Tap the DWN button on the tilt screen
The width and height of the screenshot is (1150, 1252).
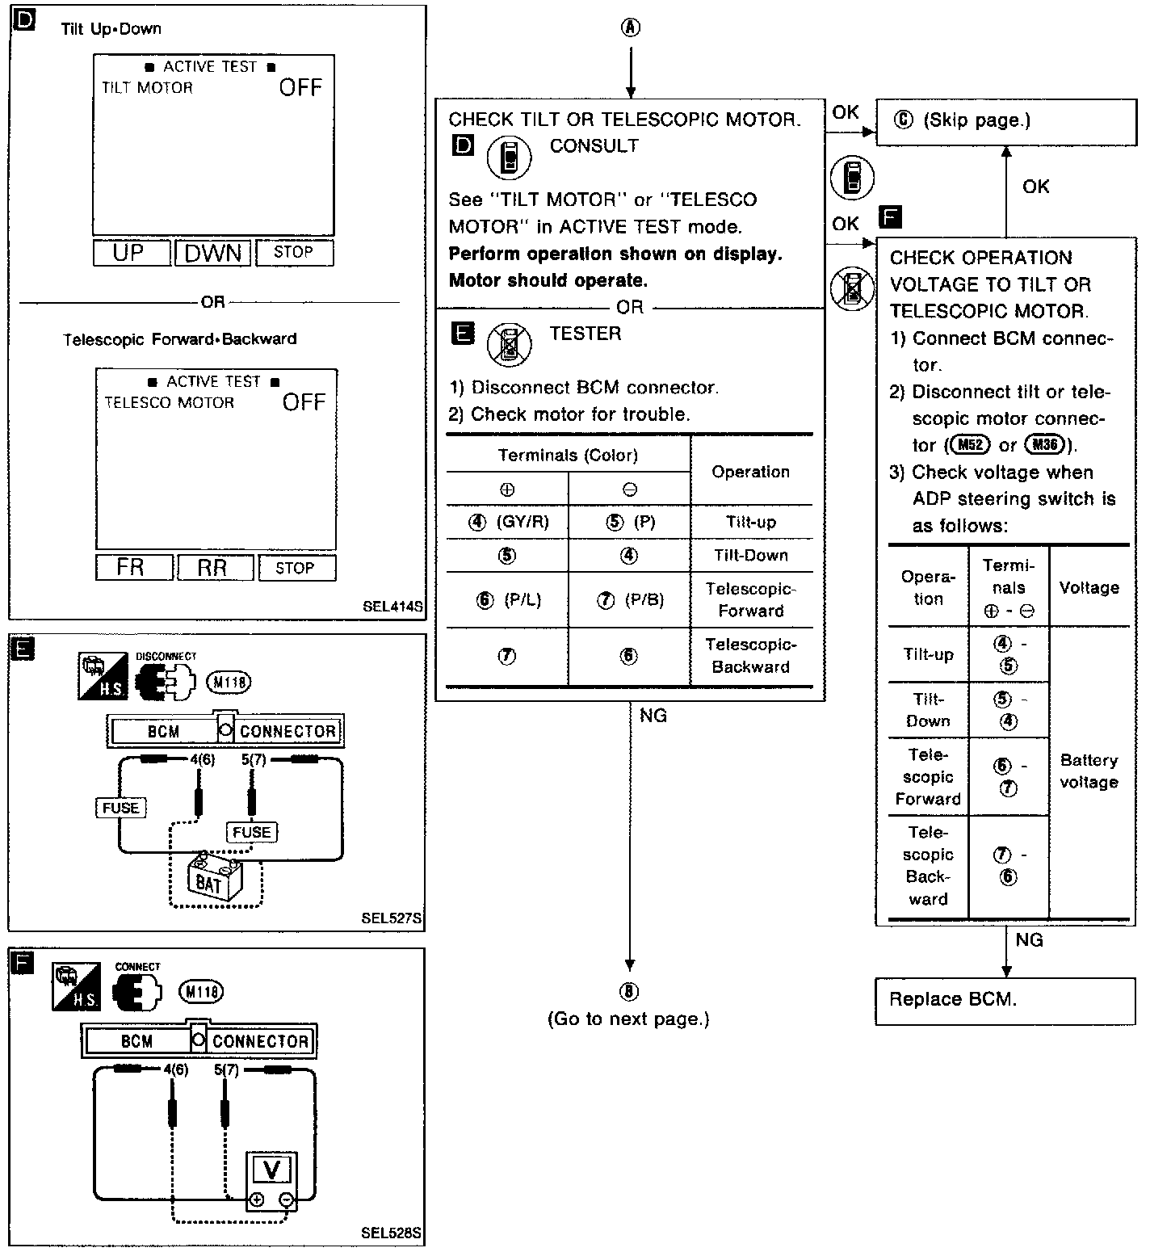click(213, 253)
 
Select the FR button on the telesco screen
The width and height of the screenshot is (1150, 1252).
click(133, 567)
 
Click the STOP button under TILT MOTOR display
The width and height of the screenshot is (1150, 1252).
click(294, 253)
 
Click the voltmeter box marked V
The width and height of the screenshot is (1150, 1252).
click(271, 1170)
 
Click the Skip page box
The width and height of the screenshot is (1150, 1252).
click(1005, 121)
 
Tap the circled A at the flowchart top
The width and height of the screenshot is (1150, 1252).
click(630, 28)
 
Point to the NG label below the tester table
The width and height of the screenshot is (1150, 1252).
click(653, 716)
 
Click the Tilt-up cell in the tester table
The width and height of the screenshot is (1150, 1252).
click(750, 522)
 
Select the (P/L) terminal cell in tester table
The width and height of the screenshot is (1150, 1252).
click(509, 600)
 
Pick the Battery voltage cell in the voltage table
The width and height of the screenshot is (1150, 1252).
click(1089, 771)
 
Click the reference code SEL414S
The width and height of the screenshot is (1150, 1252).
click(392, 605)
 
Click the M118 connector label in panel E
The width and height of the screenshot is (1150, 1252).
click(229, 683)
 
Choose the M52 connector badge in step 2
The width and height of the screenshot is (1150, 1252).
click(970, 444)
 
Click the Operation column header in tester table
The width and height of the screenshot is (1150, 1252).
click(750, 472)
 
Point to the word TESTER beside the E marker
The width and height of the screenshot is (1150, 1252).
click(585, 334)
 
